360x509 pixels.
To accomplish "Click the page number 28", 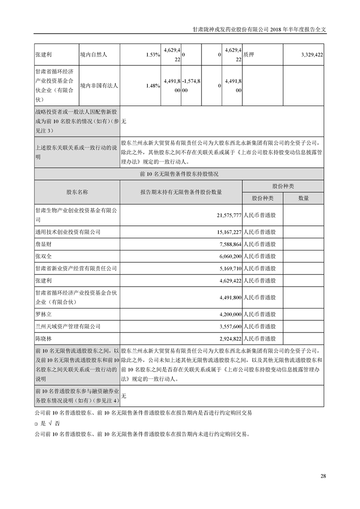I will pos(323,476).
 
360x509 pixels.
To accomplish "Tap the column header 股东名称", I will pos(77,192).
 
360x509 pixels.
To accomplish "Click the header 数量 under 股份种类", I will pos(303,198).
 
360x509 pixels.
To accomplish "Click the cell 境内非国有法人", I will pos(99,85).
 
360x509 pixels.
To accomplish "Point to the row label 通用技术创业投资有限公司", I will pos(68,232).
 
